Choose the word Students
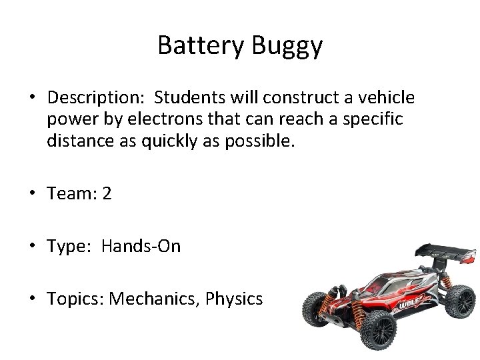(x=187, y=98)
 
